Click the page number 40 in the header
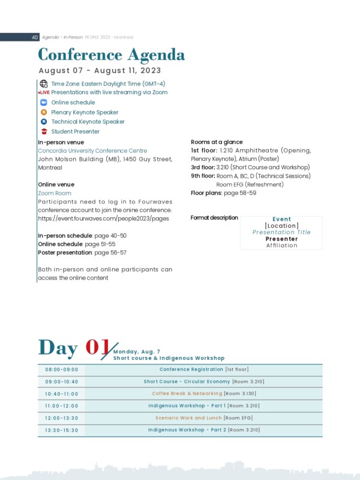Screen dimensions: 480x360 click(x=35, y=37)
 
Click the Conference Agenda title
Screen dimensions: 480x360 click(x=111, y=55)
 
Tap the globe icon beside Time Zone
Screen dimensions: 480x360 click(x=43, y=84)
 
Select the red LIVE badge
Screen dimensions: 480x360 click(x=44, y=93)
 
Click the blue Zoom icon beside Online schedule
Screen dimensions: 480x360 click(x=43, y=103)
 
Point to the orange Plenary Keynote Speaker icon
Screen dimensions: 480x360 click(x=43, y=112)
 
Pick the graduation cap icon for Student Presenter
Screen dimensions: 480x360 click(x=43, y=131)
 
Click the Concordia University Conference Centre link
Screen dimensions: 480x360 click(x=92, y=151)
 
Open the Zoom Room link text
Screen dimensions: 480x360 click(x=55, y=193)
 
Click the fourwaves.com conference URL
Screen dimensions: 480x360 click(x=103, y=218)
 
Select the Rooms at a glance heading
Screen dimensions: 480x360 click(x=217, y=142)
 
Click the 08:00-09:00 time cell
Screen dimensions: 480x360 click(x=62, y=370)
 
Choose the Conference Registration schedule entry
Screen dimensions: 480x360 click(x=203, y=370)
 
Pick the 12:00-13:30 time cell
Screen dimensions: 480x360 click(x=62, y=418)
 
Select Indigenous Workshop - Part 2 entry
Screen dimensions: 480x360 click(x=203, y=430)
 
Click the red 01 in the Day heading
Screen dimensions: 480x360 click(x=97, y=347)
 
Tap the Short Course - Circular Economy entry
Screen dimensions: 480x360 click(x=203, y=382)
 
